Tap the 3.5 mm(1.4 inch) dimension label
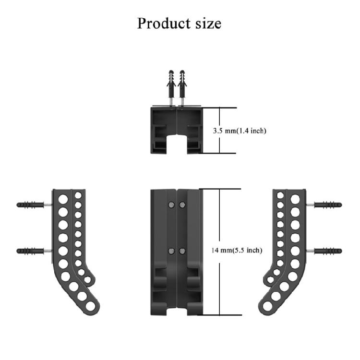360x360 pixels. click(x=239, y=131)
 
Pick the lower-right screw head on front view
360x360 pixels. click(x=182, y=251)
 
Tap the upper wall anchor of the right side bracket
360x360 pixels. click(x=327, y=204)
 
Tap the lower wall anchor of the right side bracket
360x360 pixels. click(x=327, y=251)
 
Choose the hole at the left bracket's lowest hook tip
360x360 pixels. click(x=96, y=306)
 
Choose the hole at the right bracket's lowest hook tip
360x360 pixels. click(x=264, y=306)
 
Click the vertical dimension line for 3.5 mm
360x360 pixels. click(x=219, y=131)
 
